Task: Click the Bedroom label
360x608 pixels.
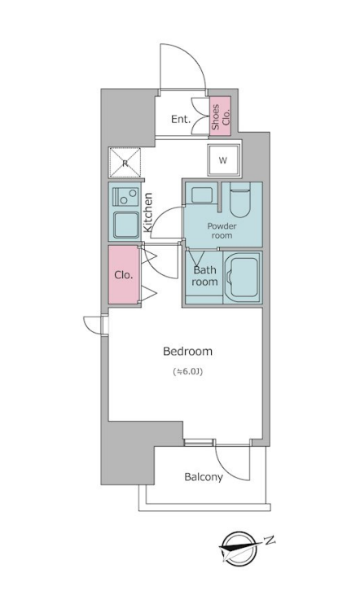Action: pos(187,352)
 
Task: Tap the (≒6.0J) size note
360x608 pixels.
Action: pos(188,372)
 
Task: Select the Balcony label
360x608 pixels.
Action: pos(204,476)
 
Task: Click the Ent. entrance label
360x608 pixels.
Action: pos(181,119)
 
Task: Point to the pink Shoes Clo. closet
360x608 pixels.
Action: pos(221,116)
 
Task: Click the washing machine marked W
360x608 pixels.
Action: pos(222,160)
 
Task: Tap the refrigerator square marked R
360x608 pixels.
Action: pos(125,163)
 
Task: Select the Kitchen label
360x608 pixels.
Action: pos(147,212)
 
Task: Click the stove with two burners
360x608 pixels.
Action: pos(125,197)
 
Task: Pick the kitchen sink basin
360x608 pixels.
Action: pos(125,224)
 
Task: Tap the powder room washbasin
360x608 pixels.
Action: pos(202,195)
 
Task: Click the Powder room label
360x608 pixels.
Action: pos(222,230)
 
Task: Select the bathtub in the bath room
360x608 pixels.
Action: pos(242,278)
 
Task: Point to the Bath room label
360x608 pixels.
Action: pos(204,276)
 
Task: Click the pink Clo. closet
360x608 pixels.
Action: pos(123,274)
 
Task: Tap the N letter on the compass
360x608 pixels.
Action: pos(269,540)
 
